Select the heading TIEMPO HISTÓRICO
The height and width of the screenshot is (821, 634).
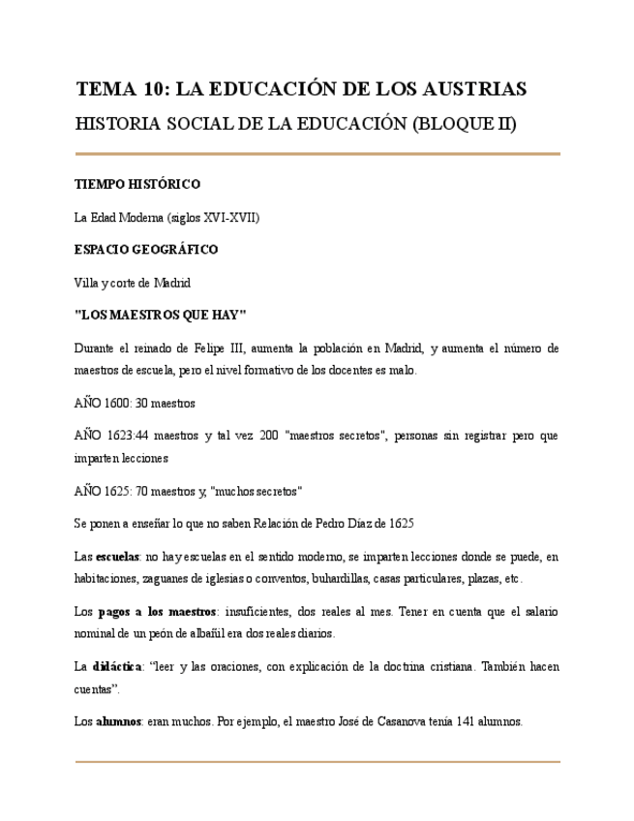pyautogui.click(x=137, y=184)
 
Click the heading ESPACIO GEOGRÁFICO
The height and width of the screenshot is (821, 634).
pyautogui.click(x=146, y=250)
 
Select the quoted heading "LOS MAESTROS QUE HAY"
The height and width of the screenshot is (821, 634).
pyautogui.click(x=161, y=316)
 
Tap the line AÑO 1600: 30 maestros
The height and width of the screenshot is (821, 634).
pyautogui.click(x=135, y=403)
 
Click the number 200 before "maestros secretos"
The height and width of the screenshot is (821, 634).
pyautogui.click(x=269, y=436)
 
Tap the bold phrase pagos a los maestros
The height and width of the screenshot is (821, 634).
pyautogui.click(x=159, y=612)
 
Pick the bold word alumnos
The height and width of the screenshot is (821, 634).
pyautogui.click(x=119, y=721)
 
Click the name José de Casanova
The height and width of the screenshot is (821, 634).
pyautogui.click(x=378, y=721)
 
